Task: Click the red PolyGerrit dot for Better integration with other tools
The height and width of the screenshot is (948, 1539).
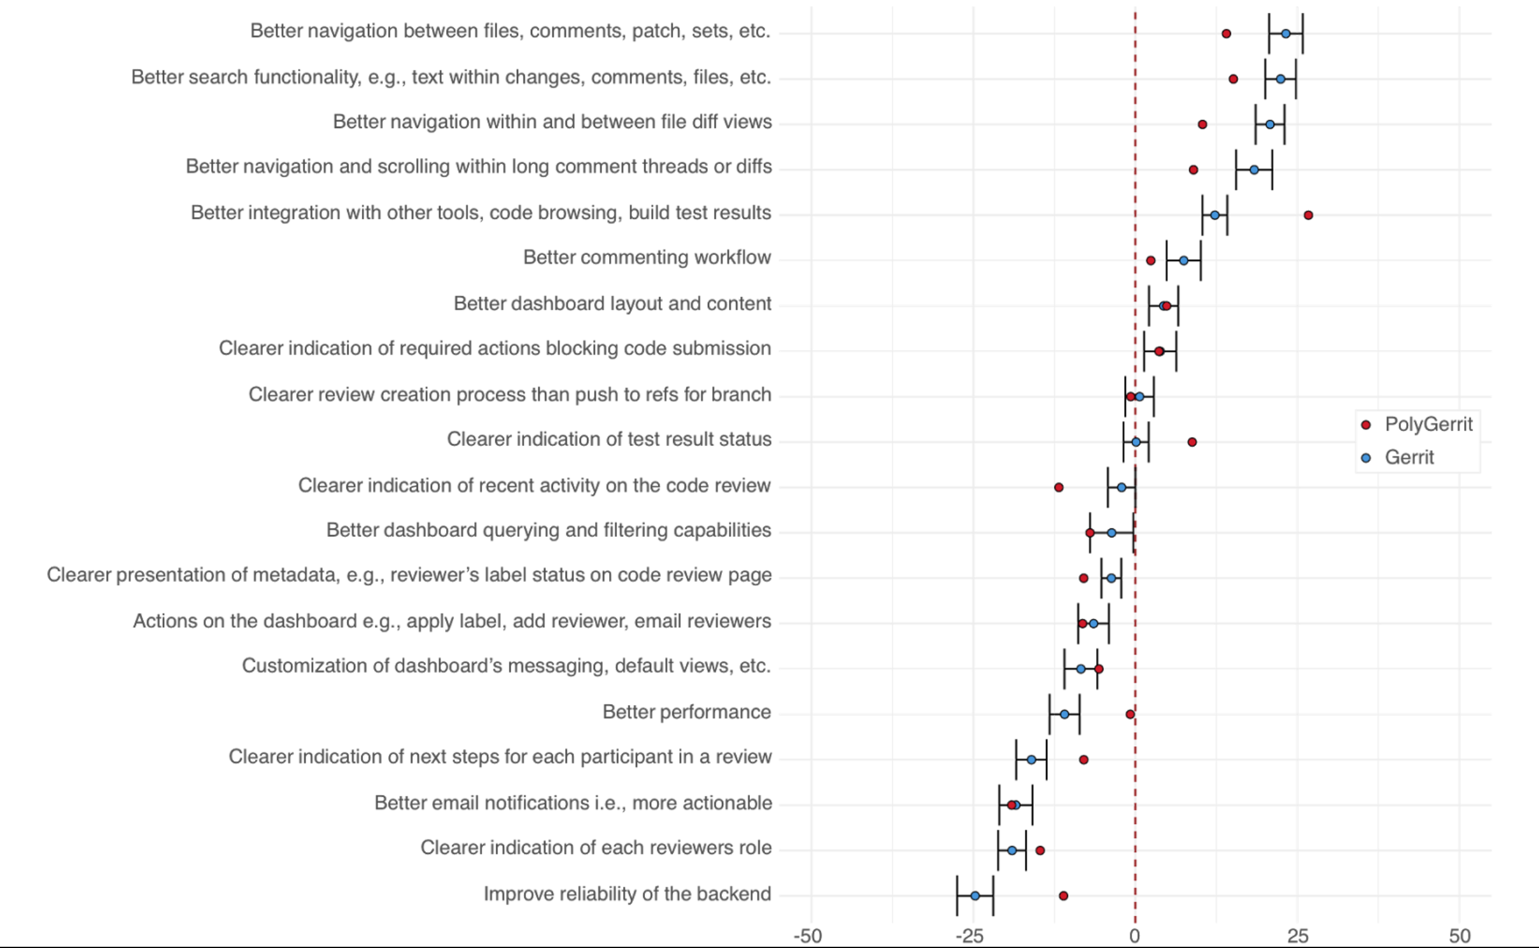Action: coord(1308,215)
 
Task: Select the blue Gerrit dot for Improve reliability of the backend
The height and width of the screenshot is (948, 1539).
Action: coord(975,896)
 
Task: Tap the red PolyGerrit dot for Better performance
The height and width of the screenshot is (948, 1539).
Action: coord(1130,714)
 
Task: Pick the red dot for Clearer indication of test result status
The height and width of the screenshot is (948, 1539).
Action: coord(1192,442)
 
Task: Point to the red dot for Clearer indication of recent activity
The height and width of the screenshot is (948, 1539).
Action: coord(1059,487)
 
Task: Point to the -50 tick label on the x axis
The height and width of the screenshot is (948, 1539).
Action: coord(808,936)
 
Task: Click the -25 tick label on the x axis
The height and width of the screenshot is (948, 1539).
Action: coord(970,936)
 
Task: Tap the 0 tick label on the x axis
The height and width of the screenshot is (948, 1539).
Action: coord(1134,936)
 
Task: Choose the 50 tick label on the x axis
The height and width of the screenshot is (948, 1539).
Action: coord(1460,936)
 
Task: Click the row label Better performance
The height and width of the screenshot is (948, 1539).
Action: coord(687,712)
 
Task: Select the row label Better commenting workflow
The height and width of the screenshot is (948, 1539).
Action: coord(647,257)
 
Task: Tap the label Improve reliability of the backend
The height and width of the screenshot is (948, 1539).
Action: coord(627,894)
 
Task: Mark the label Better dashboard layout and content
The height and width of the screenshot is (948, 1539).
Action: coord(612,303)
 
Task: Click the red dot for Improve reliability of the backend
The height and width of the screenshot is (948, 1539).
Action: coord(1064,896)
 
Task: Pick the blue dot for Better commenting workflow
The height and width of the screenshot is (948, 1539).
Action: coord(1183,260)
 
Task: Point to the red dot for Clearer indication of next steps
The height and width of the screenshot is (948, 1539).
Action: coord(1084,760)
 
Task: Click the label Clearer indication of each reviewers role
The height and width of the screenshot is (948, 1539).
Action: coord(596,848)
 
